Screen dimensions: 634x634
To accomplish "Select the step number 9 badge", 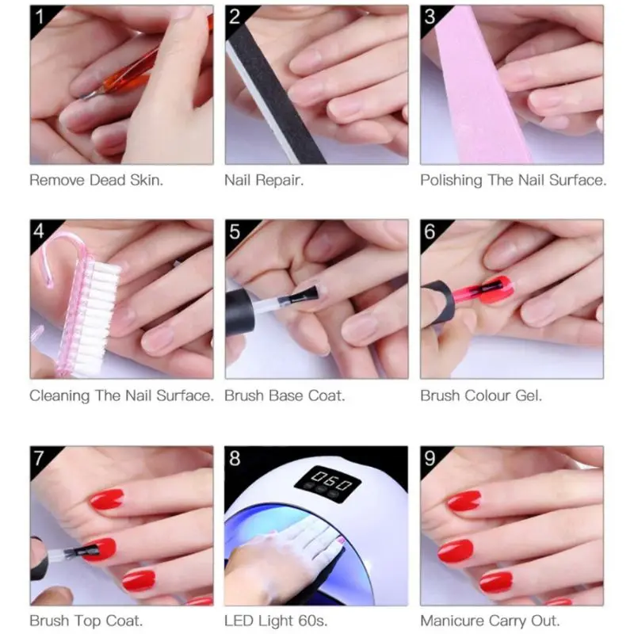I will point(430,458).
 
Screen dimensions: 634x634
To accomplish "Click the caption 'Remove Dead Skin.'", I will point(97,181).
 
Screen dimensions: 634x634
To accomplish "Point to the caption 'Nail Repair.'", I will point(264,181).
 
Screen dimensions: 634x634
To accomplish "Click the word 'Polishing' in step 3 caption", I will point(451,181).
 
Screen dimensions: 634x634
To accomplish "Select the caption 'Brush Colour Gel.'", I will point(481,395).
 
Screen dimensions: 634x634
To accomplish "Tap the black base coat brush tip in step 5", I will point(305,295).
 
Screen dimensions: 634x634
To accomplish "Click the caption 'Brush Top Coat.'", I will point(86,621).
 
